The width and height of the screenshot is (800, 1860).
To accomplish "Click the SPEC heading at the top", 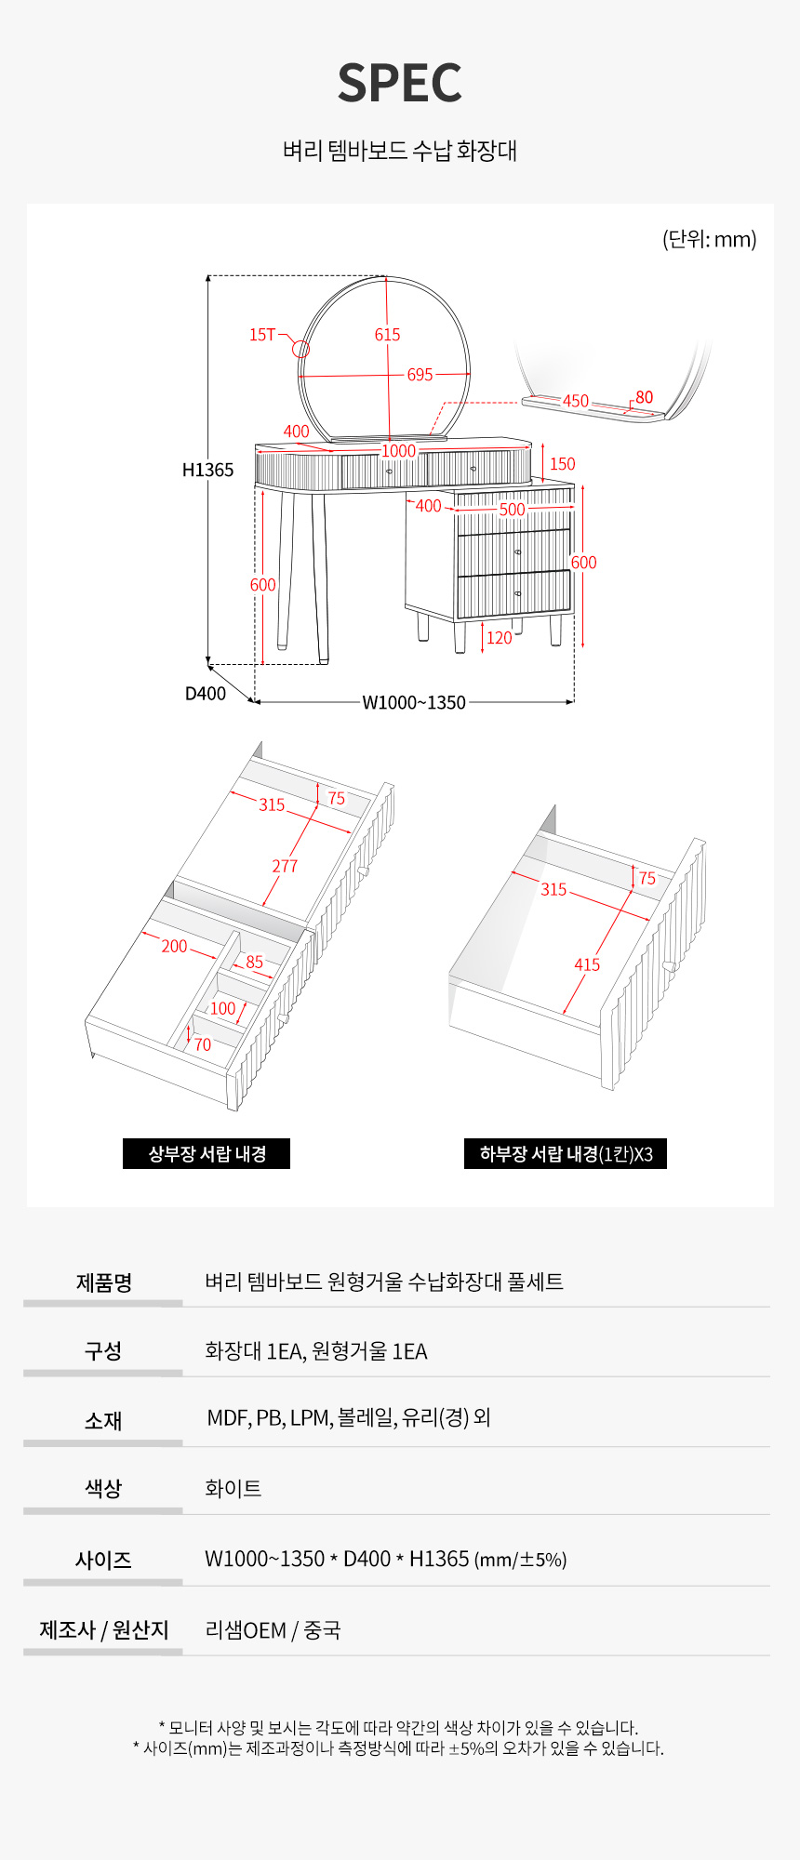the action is click(x=400, y=83).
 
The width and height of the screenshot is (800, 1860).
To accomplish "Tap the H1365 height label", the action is click(x=207, y=470).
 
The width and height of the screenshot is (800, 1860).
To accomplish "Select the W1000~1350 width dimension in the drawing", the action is click(x=414, y=702).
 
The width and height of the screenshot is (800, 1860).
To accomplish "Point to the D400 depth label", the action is click(x=206, y=693).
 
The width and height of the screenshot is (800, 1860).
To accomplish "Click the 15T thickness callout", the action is click(x=262, y=335).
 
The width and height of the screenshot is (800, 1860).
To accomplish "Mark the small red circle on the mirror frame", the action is click(x=300, y=349).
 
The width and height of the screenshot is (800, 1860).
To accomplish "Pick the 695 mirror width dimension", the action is click(x=420, y=375).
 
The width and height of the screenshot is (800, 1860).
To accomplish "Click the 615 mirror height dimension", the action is click(x=387, y=335).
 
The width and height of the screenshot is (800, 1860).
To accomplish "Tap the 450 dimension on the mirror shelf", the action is click(x=576, y=401).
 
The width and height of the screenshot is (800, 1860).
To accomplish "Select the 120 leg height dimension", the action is click(x=500, y=637).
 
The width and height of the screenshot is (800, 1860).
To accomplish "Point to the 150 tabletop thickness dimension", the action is click(x=562, y=464).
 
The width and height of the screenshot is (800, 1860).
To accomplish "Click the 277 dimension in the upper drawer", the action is click(x=285, y=866).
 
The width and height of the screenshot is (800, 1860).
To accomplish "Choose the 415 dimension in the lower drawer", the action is click(x=587, y=964).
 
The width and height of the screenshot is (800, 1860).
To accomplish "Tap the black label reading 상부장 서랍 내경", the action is click(x=207, y=1153).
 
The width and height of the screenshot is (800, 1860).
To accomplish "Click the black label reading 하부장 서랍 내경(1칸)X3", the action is click(x=566, y=1153).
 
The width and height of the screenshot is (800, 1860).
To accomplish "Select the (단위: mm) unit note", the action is click(x=709, y=239).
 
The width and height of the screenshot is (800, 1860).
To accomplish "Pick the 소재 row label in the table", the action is click(x=103, y=1420).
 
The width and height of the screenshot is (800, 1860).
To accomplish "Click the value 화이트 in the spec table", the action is click(x=233, y=1488).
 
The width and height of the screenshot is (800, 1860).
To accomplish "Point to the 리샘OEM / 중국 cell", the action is click(x=273, y=1629).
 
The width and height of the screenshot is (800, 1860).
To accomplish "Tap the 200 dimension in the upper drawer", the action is click(x=174, y=946).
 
